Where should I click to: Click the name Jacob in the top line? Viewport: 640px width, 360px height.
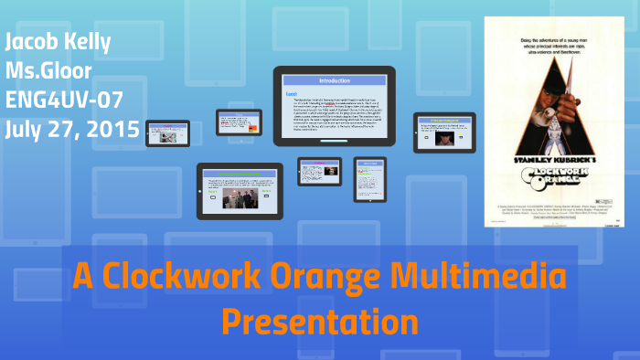32,41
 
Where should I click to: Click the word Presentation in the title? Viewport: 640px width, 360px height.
319,321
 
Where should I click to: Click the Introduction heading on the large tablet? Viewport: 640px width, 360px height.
334,80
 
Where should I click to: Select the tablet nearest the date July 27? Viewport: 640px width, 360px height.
167,132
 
